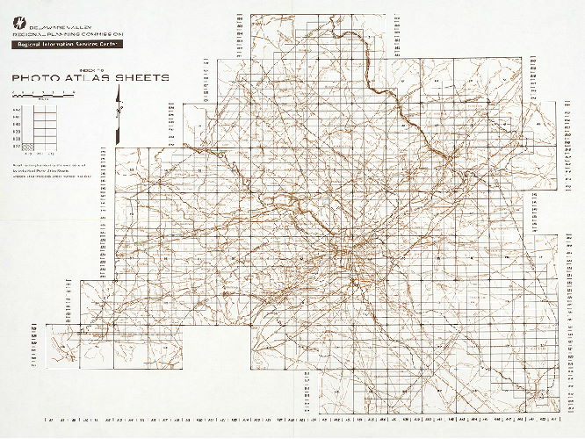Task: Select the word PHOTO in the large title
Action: (x=35, y=78)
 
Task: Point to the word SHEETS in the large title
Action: (x=143, y=78)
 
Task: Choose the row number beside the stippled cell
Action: (x=16, y=147)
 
